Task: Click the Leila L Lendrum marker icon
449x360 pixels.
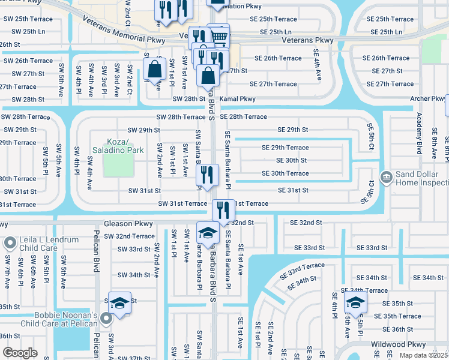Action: [x=10, y=243]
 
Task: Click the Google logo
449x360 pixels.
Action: [x=20, y=353]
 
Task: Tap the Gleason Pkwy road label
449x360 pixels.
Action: [x=128, y=223]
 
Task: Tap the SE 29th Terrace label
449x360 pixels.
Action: [x=285, y=148]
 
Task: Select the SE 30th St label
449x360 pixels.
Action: [x=291, y=160]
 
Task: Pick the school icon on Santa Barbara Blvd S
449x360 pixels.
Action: [x=208, y=233]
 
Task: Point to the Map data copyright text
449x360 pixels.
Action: [x=423, y=355]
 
